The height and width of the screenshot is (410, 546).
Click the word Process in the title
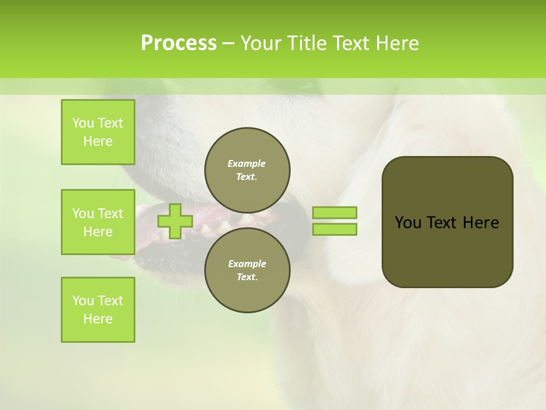(179, 43)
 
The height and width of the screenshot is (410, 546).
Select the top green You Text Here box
(98, 132)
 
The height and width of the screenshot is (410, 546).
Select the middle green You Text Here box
(98, 222)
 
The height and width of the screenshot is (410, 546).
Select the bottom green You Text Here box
(98, 310)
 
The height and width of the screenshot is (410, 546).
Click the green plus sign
(175, 221)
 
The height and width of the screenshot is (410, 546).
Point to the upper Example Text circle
(247, 170)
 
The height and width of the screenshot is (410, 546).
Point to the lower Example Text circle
(247, 270)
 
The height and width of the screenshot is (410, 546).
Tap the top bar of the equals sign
(334, 212)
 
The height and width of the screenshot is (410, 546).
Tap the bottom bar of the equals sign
(334, 229)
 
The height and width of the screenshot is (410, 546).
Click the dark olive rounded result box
(447, 251)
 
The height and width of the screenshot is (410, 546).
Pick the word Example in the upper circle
(247, 163)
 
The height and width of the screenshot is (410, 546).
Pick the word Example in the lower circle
(247, 264)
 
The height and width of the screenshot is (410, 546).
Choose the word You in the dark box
(408, 223)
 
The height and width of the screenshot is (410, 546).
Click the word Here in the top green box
(98, 141)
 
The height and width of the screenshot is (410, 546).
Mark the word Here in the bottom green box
(98, 319)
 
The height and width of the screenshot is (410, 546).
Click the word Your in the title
(261, 43)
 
